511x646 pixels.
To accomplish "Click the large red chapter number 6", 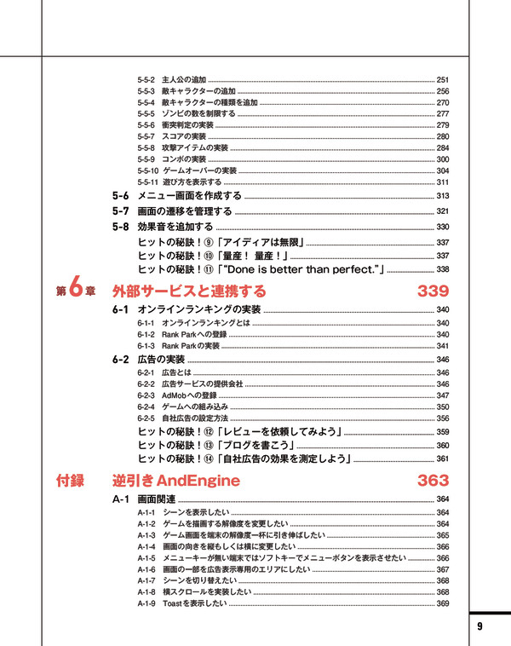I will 76,290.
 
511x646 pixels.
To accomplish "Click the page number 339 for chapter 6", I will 433,291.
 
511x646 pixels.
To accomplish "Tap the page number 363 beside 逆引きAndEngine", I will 433,481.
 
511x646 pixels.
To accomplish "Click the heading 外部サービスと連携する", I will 189,291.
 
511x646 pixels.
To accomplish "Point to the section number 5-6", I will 120,196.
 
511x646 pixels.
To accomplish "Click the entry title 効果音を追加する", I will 175,227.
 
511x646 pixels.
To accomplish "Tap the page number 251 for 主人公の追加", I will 442,79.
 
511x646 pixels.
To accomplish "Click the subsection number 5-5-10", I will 147,170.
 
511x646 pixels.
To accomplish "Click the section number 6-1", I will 120,309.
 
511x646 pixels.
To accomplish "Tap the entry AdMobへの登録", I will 188,395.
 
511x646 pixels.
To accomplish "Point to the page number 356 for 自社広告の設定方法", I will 442,418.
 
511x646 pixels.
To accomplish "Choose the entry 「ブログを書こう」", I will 256,445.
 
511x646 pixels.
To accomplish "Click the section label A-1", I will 119,499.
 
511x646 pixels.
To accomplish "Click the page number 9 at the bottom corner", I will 479,626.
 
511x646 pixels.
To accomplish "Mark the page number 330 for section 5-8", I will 442,227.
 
